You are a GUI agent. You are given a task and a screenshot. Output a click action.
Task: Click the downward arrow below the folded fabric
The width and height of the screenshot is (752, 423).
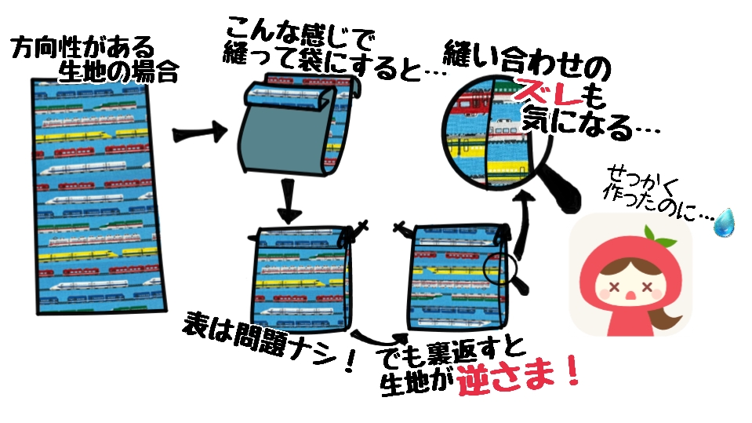point(289,201)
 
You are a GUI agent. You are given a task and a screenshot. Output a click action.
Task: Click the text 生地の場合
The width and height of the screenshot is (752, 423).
point(118,72)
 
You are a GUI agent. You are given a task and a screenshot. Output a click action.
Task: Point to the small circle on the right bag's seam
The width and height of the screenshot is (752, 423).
point(498,269)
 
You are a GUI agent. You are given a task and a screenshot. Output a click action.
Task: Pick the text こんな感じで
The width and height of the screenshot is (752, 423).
point(299,31)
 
